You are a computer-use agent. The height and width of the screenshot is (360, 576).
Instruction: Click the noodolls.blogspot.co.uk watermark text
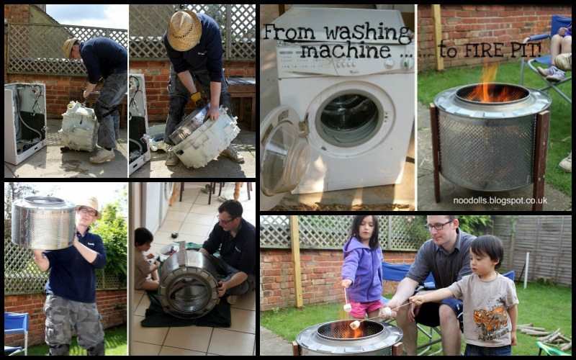[x=500, y=201]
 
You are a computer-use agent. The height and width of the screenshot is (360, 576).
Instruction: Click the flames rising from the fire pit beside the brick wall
[x=488, y=86]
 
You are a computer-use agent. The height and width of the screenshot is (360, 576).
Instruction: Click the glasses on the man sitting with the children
[x=438, y=226]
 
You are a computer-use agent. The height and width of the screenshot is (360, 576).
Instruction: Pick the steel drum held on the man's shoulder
[x=43, y=223]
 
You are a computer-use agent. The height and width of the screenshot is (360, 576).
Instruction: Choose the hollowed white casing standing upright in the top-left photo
[x=24, y=122]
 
